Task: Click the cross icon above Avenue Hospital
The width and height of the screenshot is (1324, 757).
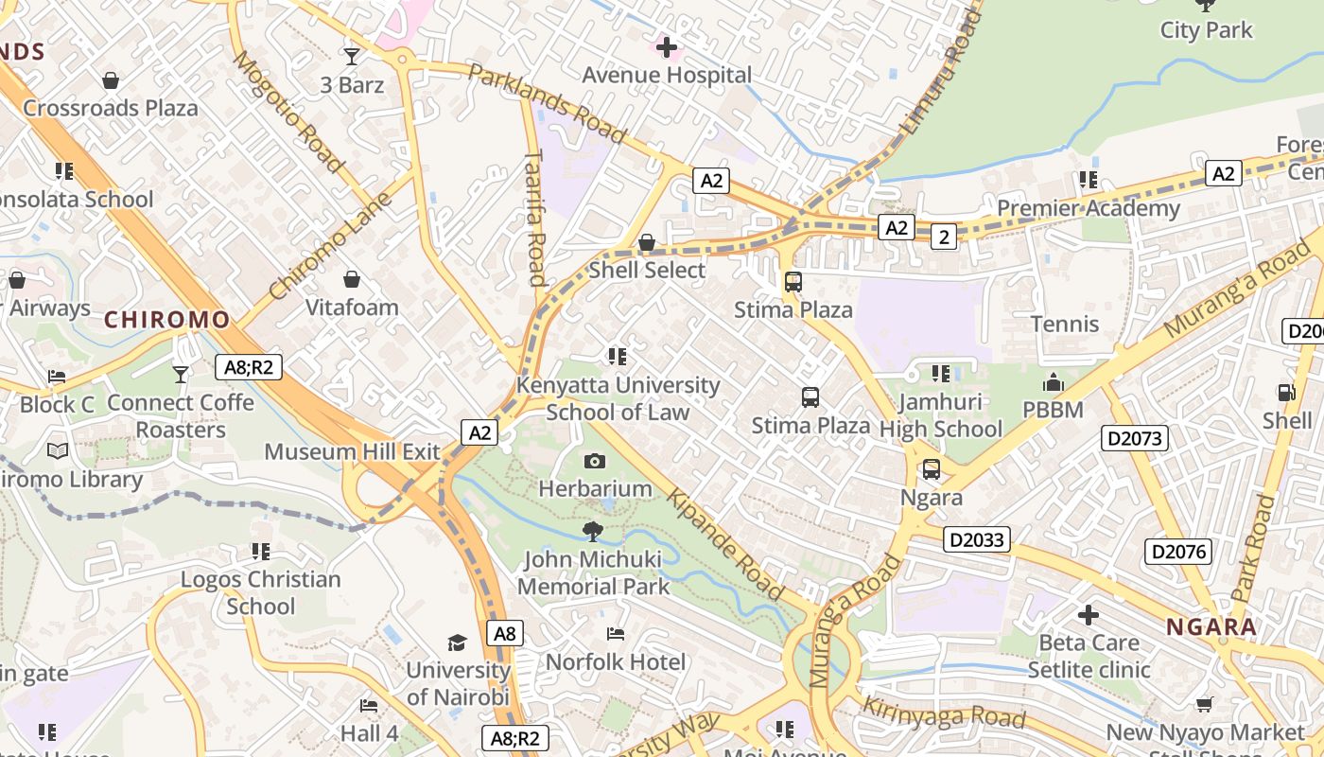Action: coord(667,46)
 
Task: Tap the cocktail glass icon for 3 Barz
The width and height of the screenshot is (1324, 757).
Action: coord(352,57)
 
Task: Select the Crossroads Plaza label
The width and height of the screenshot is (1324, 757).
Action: coord(111,108)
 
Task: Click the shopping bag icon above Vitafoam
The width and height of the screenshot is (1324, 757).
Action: coord(352,279)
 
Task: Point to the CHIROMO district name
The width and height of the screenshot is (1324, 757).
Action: coord(166,320)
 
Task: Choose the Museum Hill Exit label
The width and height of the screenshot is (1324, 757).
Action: coord(352,451)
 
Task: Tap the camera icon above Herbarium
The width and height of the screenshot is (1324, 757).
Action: coord(595,461)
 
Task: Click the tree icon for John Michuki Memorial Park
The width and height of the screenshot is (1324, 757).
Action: coord(593,532)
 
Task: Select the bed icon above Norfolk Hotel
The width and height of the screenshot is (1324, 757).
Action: coord(616,633)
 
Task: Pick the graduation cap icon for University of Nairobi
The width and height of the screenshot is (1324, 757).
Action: coord(458,643)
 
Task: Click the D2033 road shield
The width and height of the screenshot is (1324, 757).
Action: coord(977,540)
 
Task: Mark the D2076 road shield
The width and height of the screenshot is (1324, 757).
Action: coord(1178,552)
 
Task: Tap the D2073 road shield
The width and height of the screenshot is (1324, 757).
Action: coord(1135,438)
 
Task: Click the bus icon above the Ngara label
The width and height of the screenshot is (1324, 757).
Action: coord(932,469)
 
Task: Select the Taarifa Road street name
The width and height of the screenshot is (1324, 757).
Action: coord(535,217)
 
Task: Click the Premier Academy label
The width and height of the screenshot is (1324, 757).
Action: coord(1089,208)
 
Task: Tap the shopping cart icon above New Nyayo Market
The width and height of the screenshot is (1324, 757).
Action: coord(1204,704)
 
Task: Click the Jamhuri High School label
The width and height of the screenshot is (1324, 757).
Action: coord(940,415)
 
